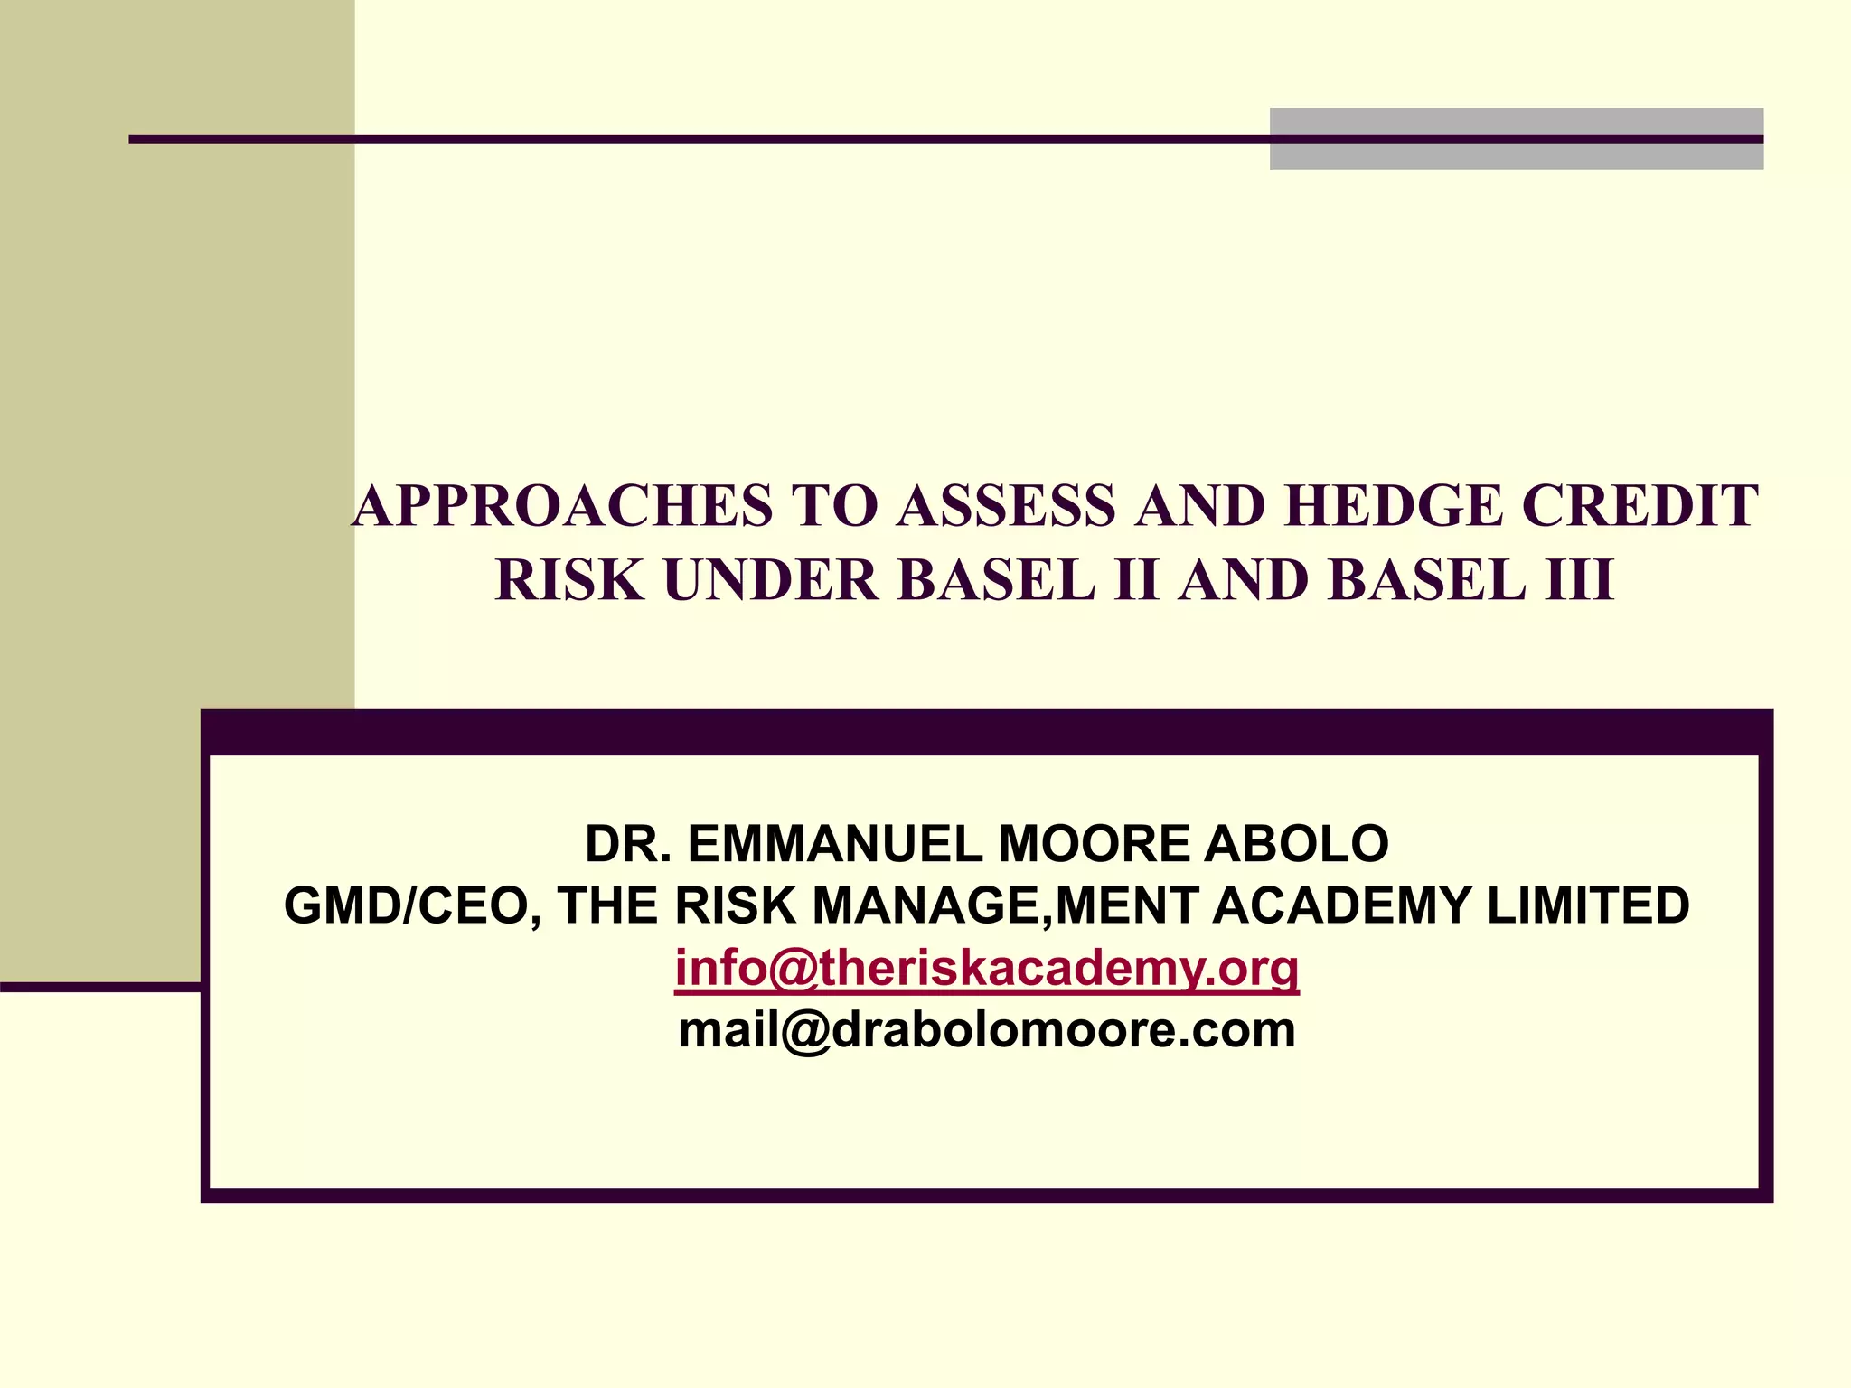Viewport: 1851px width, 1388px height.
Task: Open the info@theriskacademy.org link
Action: (x=987, y=968)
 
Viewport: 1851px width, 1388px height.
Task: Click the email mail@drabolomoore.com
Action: (x=987, y=1030)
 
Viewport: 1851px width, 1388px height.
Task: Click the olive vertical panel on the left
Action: (x=176, y=452)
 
